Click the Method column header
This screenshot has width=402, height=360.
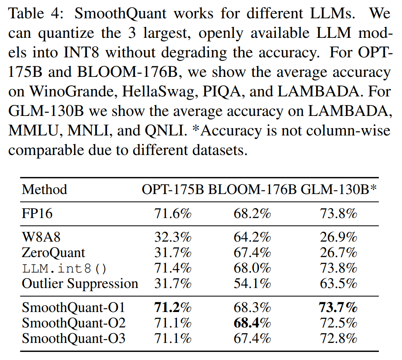click(44, 190)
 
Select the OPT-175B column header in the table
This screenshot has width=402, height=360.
click(173, 190)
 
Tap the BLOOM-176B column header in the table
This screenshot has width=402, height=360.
click(252, 190)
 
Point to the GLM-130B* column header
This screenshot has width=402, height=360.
click(338, 190)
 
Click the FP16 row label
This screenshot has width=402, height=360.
click(37, 214)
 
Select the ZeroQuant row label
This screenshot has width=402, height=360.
click(53, 253)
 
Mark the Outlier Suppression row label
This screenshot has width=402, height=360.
click(80, 284)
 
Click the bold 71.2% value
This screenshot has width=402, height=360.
click(173, 307)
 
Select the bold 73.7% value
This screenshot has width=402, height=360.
click(338, 307)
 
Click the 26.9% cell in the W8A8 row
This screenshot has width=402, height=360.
click(338, 237)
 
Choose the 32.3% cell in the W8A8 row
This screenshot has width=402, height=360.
click(173, 237)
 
